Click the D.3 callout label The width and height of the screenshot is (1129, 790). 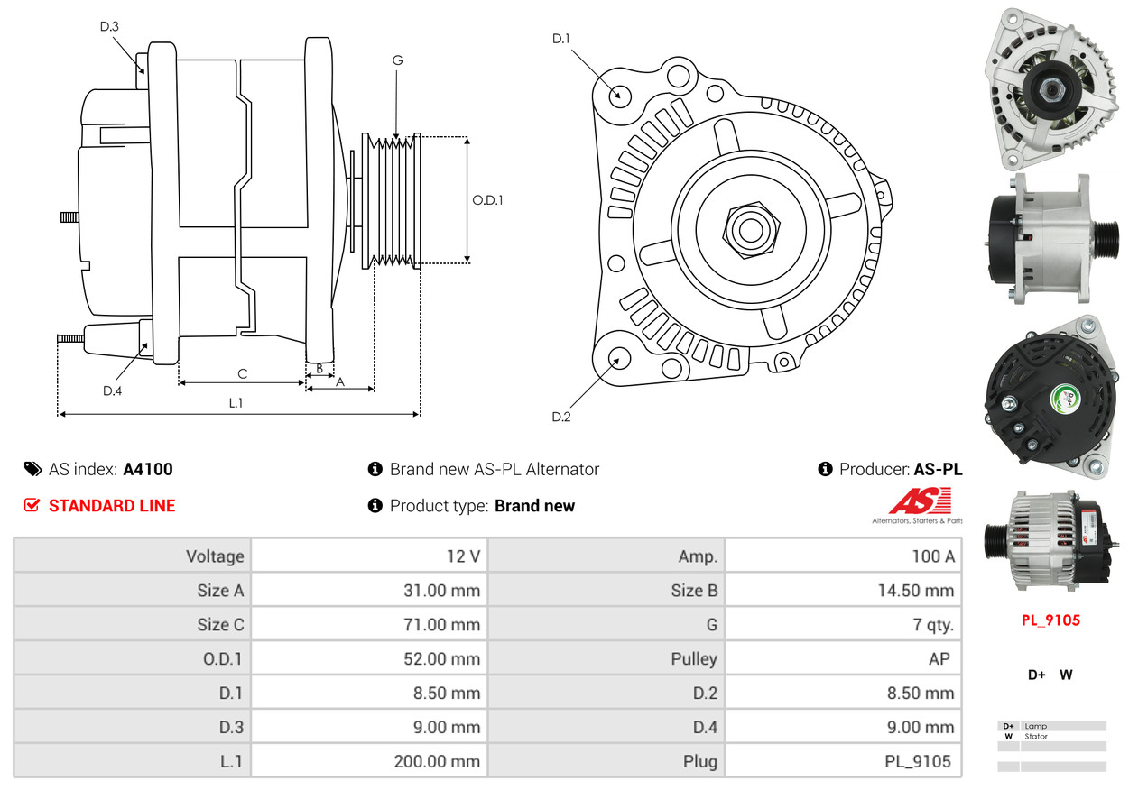pos(109,26)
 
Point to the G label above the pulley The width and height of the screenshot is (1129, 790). pos(397,60)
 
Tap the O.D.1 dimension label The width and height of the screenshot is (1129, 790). pos(487,200)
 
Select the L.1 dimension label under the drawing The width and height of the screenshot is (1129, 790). pos(236,403)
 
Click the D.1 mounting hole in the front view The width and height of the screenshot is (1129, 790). pos(619,95)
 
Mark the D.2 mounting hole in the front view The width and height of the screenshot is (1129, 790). pos(618,359)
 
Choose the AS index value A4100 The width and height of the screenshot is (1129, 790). pos(148,469)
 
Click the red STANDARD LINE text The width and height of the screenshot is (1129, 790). pos(112,506)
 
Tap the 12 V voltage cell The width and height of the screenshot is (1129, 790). pos(463,556)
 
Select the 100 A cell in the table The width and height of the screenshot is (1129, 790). pos(932,556)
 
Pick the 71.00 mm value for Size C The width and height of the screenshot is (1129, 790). pos(441,625)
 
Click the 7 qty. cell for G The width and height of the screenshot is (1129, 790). pos(932,625)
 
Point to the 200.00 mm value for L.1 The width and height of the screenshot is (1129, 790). pos(437,761)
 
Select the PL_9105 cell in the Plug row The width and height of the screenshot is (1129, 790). pos(917,761)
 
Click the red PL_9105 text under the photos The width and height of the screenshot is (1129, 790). pos(1050,620)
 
